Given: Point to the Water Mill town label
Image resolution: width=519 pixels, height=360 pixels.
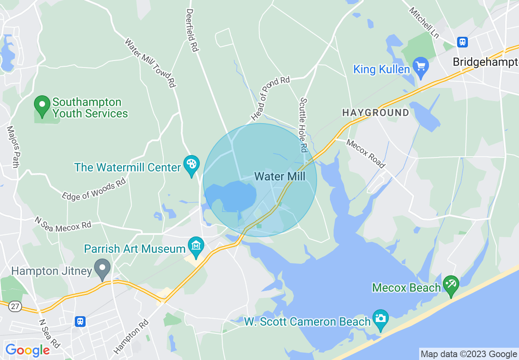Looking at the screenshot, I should (280, 176).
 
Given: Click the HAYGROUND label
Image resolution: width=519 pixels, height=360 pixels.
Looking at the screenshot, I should (375, 112).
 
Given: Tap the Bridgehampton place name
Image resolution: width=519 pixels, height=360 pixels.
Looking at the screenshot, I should (485, 62).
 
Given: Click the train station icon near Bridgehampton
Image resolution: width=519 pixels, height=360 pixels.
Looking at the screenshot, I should (463, 42).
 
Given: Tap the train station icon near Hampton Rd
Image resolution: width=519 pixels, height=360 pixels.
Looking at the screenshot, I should (80, 321).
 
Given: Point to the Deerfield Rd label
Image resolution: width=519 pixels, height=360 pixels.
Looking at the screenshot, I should (192, 30).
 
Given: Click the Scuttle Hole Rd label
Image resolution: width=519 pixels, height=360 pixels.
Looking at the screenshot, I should (304, 125).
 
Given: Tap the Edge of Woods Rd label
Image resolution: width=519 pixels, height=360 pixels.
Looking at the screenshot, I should (94, 189).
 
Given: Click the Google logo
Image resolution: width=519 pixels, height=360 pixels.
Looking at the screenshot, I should (27, 350).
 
